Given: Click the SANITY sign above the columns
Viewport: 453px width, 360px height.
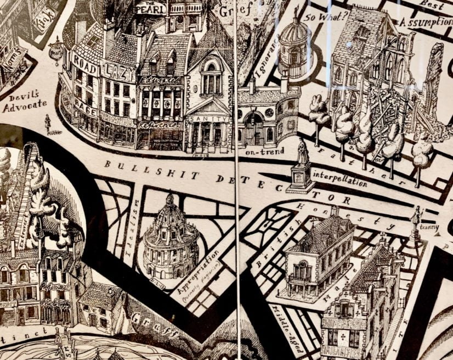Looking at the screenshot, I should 208,119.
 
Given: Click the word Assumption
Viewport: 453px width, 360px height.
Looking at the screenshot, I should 424,22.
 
